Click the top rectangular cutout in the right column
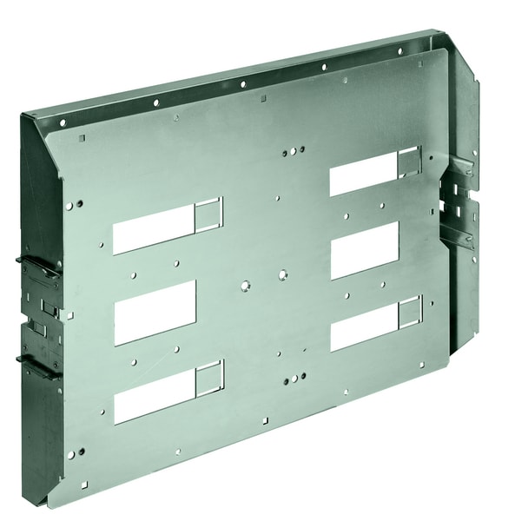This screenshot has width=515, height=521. pyautogui.click(x=364, y=175)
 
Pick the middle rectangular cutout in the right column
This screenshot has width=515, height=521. pyautogui.click(x=364, y=249)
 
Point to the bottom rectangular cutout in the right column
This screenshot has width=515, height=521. pyautogui.click(x=364, y=323)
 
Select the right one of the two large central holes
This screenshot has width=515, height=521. pyautogui.click(x=282, y=274)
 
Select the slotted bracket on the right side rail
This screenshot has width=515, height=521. pyautogui.click(x=459, y=204)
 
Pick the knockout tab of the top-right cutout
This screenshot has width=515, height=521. pyautogui.click(x=408, y=162)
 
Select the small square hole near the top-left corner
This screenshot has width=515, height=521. pyautogui.click(x=81, y=136)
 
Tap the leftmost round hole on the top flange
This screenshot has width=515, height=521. pyautogui.click(x=62, y=123)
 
